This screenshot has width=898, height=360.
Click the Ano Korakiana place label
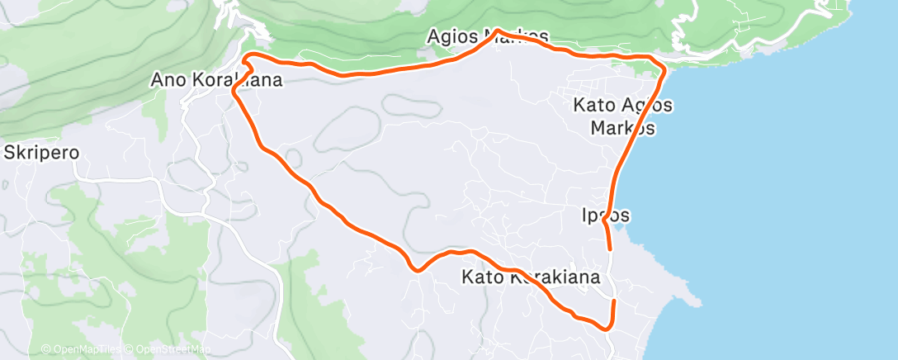216,80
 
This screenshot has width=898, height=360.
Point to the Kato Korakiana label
531,277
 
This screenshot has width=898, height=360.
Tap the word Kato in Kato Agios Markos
594,106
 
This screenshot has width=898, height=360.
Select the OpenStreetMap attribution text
173,349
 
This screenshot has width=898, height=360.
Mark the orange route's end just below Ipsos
610,248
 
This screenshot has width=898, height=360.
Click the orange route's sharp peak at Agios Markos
497,31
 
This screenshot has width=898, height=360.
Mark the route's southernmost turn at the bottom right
608,329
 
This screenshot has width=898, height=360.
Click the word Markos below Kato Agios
623,128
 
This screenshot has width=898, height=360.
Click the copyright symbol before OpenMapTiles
46,349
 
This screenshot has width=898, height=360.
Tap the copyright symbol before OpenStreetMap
130,349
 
